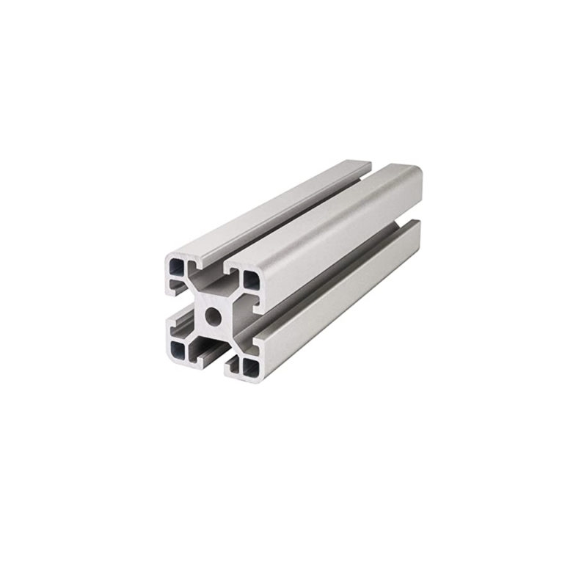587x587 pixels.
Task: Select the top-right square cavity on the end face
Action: click(x=249, y=279)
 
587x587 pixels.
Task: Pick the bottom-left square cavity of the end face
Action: click(x=178, y=348)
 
